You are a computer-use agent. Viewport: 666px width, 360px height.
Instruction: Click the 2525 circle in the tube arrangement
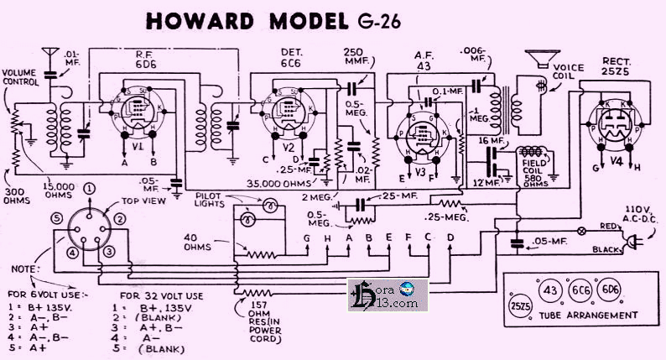click(x=518, y=305)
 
